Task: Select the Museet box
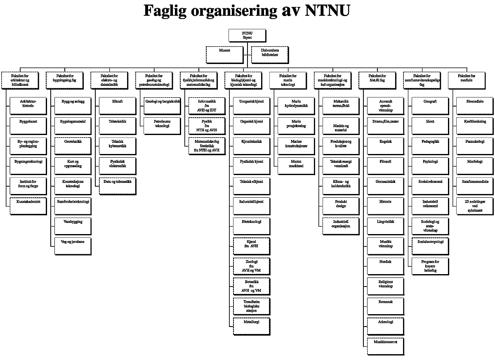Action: click(224, 54)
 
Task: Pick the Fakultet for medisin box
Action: click(467, 80)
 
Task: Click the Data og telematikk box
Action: click(118, 185)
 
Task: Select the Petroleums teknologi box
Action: click(162, 126)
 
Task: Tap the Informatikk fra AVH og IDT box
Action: click(207, 105)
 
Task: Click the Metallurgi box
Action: click(252, 326)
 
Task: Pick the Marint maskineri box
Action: click(296, 165)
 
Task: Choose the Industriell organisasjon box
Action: click(341, 225)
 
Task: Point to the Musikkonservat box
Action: click(386, 346)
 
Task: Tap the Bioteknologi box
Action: click(252, 225)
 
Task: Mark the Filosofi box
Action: click(386, 165)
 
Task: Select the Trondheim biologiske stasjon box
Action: click(252, 306)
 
